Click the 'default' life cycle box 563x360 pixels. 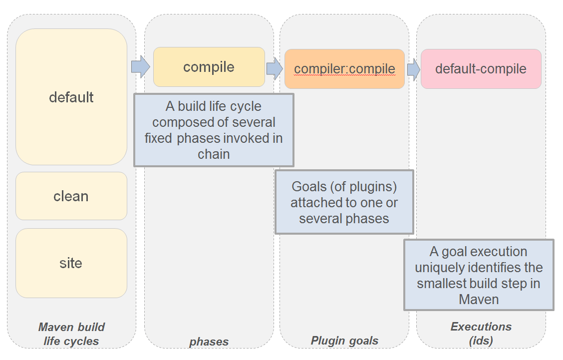pyautogui.click(x=71, y=97)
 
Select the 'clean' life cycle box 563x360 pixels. pyautogui.click(x=71, y=196)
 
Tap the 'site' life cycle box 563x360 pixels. pyautogui.click(x=71, y=263)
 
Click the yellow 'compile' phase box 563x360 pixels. pyautogui.click(x=209, y=67)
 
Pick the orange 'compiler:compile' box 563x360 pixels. pyautogui.click(x=344, y=69)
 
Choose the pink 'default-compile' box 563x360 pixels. pyautogui.click(x=481, y=68)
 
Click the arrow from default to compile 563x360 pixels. pyautogui.click(x=140, y=67)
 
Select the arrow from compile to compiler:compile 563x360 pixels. pyautogui.click(x=275, y=68)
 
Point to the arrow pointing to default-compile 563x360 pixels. pyautogui.click(x=413, y=69)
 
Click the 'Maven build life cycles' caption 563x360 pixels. pyautogui.click(x=71, y=334)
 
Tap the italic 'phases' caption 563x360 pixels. pyautogui.click(x=209, y=342)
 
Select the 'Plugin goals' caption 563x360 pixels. pyautogui.click(x=344, y=341)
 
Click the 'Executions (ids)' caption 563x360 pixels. pyautogui.click(x=481, y=333)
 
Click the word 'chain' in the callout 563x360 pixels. pyautogui.click(x=214, y=154)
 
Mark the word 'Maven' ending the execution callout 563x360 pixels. pyautogui.click(x=479, y=300)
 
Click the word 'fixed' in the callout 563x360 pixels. pyautogui.click(x=159, y=138)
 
